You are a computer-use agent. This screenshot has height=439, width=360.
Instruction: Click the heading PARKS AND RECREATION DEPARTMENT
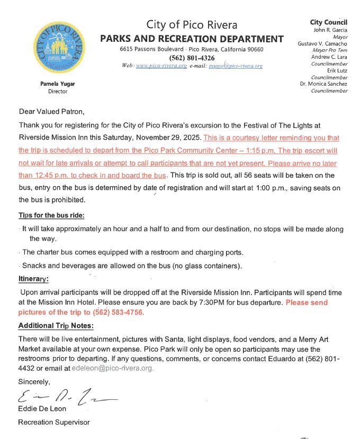192,39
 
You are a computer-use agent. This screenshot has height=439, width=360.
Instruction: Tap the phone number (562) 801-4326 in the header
192,58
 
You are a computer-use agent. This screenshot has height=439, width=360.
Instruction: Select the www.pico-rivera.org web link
161,66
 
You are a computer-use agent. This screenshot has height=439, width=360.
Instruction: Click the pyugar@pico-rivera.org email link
236,66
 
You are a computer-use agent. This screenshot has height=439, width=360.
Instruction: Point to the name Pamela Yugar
58,84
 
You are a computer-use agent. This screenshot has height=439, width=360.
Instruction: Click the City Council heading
328,22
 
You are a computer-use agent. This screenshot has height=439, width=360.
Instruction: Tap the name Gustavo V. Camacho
322,43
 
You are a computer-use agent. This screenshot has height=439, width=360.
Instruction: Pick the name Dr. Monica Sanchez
323,84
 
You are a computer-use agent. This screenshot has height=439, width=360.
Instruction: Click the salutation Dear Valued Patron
51,112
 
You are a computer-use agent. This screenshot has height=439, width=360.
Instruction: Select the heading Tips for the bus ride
51,215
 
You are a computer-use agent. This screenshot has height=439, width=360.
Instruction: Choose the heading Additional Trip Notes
56,325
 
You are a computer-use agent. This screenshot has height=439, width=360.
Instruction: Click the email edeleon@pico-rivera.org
113,368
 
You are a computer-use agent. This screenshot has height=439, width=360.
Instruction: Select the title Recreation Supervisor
53,422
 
